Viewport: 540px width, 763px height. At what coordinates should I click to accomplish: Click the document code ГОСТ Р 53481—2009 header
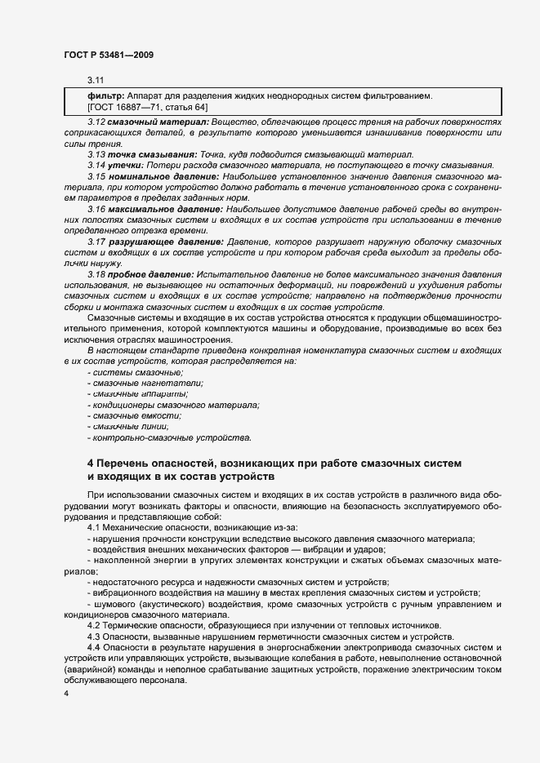click(108, 55)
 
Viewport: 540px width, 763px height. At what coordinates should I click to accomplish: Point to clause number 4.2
click(94, 625)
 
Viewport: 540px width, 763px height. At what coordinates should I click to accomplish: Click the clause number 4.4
click(94, 647)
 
